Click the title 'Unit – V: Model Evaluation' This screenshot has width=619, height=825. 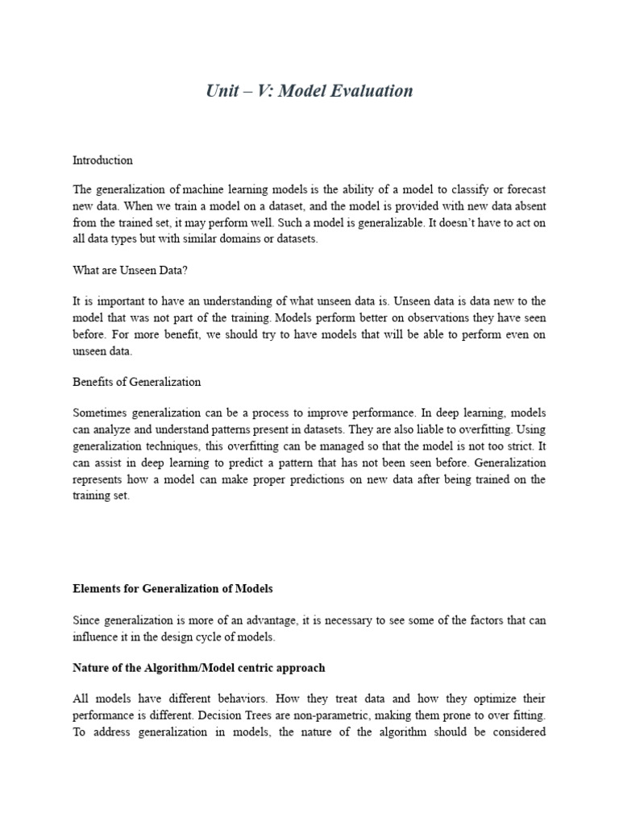point(309,91)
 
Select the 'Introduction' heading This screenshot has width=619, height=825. point(102,160)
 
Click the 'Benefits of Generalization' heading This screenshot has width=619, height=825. point(136,381)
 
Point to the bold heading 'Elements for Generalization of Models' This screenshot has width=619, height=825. point(172,588)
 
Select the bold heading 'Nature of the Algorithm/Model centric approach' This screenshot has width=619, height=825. point(198,668)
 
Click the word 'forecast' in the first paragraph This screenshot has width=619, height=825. point(523,189)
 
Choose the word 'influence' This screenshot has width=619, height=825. point(95,636)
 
